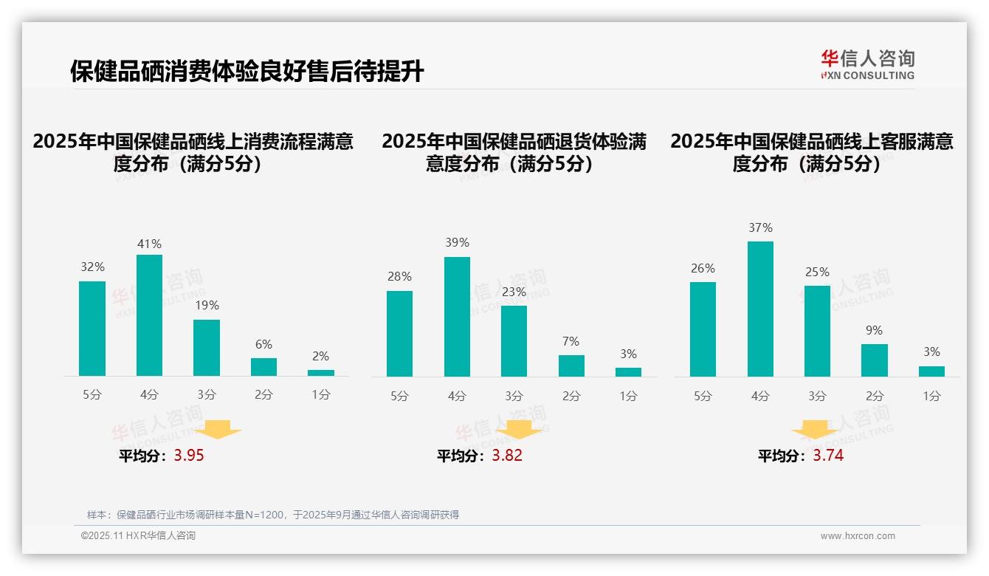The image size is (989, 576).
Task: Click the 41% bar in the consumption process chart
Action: [x=149, y=315]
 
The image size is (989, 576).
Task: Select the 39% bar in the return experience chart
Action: [x=457, y=317]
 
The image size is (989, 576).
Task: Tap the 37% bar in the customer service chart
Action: [x=760, y=309]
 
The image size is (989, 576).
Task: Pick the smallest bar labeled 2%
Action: [x=321, y=373]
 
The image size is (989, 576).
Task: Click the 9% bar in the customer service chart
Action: [x=874, y=360]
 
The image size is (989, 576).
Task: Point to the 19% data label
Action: [x=207, y=306]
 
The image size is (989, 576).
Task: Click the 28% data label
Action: [x=399, y=277]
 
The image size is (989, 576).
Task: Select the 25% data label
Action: [x=817, y=272]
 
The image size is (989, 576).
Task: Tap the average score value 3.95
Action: [x=189, y=456]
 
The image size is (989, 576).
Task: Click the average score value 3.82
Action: [x=507, y=456]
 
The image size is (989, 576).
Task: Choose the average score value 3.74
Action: [x=828, y=456]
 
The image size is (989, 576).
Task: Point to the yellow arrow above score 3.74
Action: [x=815, y=429]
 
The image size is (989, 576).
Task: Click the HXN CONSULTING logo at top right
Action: [x=867, y=64]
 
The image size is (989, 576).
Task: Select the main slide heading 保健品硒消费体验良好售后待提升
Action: [x=247, y=72]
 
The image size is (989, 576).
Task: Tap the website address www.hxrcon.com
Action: [x=858, y=536]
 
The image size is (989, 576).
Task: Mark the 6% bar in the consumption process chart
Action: [x=263, y=367]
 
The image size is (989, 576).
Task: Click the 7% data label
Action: [x=571, y=342]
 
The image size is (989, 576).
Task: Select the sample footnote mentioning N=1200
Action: [x=273, y=515]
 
